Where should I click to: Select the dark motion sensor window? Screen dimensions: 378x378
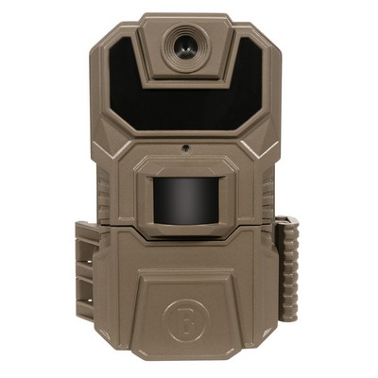[185, 198]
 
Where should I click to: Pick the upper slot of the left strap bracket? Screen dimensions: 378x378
[82, 249]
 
